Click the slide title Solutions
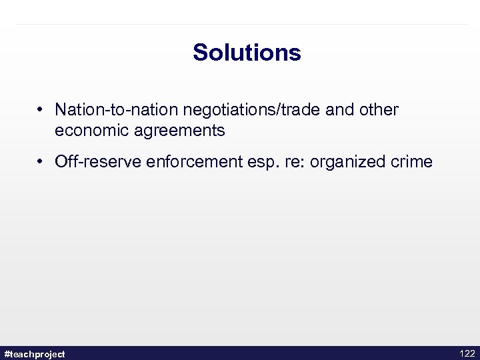pyautogui.click(x=247, y=53)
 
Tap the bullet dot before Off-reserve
pyautogui.click(x=41, y=162)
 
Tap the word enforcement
pyautogui.click(x=175, y=162)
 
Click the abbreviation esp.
pyautogui.click(x=239, y=162)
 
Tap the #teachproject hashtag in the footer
pyautogui.click(x=35, y=353)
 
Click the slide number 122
pyautogui.click(x=467, y=353)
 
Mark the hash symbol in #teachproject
pyautogui.click(x=7, y=353)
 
